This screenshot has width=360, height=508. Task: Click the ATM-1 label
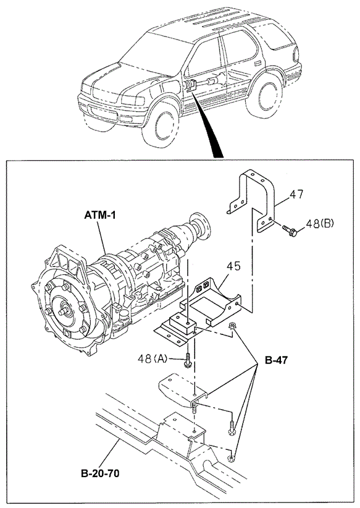(99, 215)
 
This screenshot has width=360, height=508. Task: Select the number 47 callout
(296, 194)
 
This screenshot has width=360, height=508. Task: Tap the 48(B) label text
(319, 224)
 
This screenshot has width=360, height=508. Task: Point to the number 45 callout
(233, 266)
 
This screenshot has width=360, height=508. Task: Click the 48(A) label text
(152, 358)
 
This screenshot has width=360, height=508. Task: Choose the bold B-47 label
(276, 360)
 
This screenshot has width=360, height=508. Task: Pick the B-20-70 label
(100, 473)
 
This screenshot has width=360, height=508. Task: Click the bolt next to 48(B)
(290, 231)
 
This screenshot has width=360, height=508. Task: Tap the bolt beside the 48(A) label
(187, 360)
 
